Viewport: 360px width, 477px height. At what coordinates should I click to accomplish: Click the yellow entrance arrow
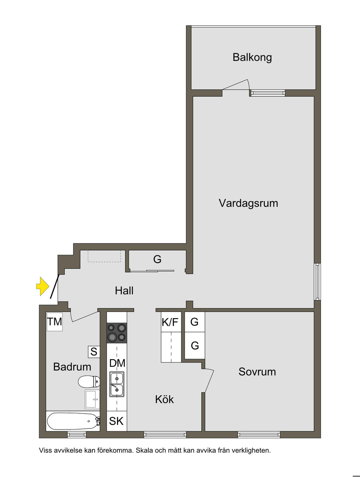pos(43,286)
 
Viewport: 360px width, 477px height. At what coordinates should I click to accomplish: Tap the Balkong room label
pos(252,57)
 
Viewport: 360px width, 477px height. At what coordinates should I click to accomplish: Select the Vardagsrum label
pos(248,203)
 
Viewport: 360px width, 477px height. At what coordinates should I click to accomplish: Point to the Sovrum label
pos(257,372)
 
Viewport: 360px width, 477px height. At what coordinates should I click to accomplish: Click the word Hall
pos(124,291)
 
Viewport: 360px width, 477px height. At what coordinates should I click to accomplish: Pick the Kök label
pos(165,399)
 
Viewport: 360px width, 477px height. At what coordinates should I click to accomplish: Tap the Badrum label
pos(72,367)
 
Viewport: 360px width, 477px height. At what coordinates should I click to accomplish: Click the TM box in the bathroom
pos(54,322)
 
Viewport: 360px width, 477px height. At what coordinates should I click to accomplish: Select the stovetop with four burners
pos(117,332)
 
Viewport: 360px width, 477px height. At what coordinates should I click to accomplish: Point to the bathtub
pos(73,421)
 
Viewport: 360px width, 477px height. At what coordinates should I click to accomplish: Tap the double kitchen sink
pos(117,384)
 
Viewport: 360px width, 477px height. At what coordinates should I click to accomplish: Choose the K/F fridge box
pos(171,322)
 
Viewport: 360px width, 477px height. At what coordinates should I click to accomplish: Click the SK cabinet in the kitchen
pos(116,421)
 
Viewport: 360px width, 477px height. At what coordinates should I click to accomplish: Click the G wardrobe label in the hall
pos(157,260)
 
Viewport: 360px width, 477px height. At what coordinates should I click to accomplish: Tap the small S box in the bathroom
pos(94,351)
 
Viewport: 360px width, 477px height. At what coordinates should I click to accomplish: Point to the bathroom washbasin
pos(92,399)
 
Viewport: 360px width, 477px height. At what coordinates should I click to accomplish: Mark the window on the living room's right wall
pos(317,281)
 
